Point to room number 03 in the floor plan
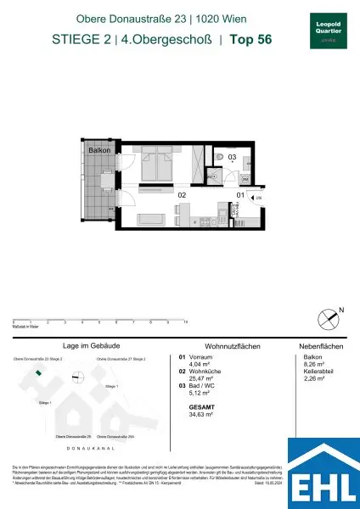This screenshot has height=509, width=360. pyautogui.click(x=220, y=157)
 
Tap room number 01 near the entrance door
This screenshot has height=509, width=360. pyautogui.click(x=240, y=196)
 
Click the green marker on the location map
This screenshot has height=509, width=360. pyautogui.click(x=37, y=370)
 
